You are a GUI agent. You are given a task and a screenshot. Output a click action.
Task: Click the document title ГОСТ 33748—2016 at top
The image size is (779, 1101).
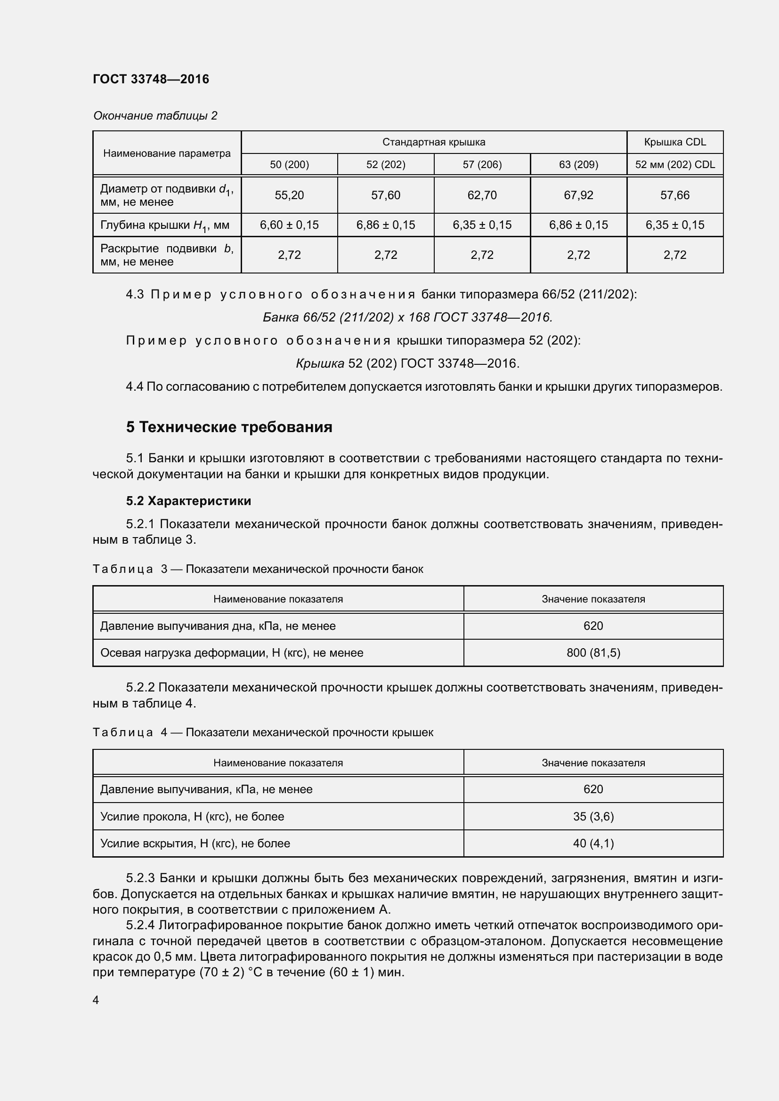click(151, 79)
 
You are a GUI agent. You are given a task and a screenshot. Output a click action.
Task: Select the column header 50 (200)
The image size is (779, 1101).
click(289, 164)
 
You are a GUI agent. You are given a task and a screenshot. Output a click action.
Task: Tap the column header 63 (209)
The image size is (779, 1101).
click(578, 164)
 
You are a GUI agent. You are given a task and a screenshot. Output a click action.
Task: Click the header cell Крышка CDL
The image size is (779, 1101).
click(674, 142)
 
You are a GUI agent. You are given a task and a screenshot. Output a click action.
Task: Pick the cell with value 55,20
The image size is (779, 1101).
click(289, 195)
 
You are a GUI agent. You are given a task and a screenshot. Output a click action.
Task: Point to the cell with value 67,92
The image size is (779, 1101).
click(578, 195)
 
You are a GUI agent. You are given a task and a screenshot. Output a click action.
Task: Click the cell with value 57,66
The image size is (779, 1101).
click(674, 195)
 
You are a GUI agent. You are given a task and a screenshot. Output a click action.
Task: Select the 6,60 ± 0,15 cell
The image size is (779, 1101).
click(289, 225)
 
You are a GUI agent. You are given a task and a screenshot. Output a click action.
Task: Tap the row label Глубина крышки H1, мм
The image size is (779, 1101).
click(164, 225)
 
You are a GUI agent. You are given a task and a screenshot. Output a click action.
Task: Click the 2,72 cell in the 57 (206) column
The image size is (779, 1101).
click(482, 255)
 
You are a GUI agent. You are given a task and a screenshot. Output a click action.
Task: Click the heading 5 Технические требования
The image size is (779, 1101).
click(229, 427)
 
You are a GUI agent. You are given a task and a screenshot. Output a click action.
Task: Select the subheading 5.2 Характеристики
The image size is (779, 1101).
click(188, 501)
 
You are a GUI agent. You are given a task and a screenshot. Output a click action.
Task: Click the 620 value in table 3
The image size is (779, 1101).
click(593, 626)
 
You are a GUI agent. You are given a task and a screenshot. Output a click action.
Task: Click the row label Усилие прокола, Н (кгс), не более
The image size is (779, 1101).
click(192, 817)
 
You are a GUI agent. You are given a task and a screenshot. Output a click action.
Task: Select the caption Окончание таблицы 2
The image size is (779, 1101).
click(155, 116)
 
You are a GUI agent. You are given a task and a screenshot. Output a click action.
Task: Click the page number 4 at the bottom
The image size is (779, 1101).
click(96, 1000)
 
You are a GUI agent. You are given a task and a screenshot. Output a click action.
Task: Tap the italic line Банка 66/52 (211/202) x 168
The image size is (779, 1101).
click(407, 317)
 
